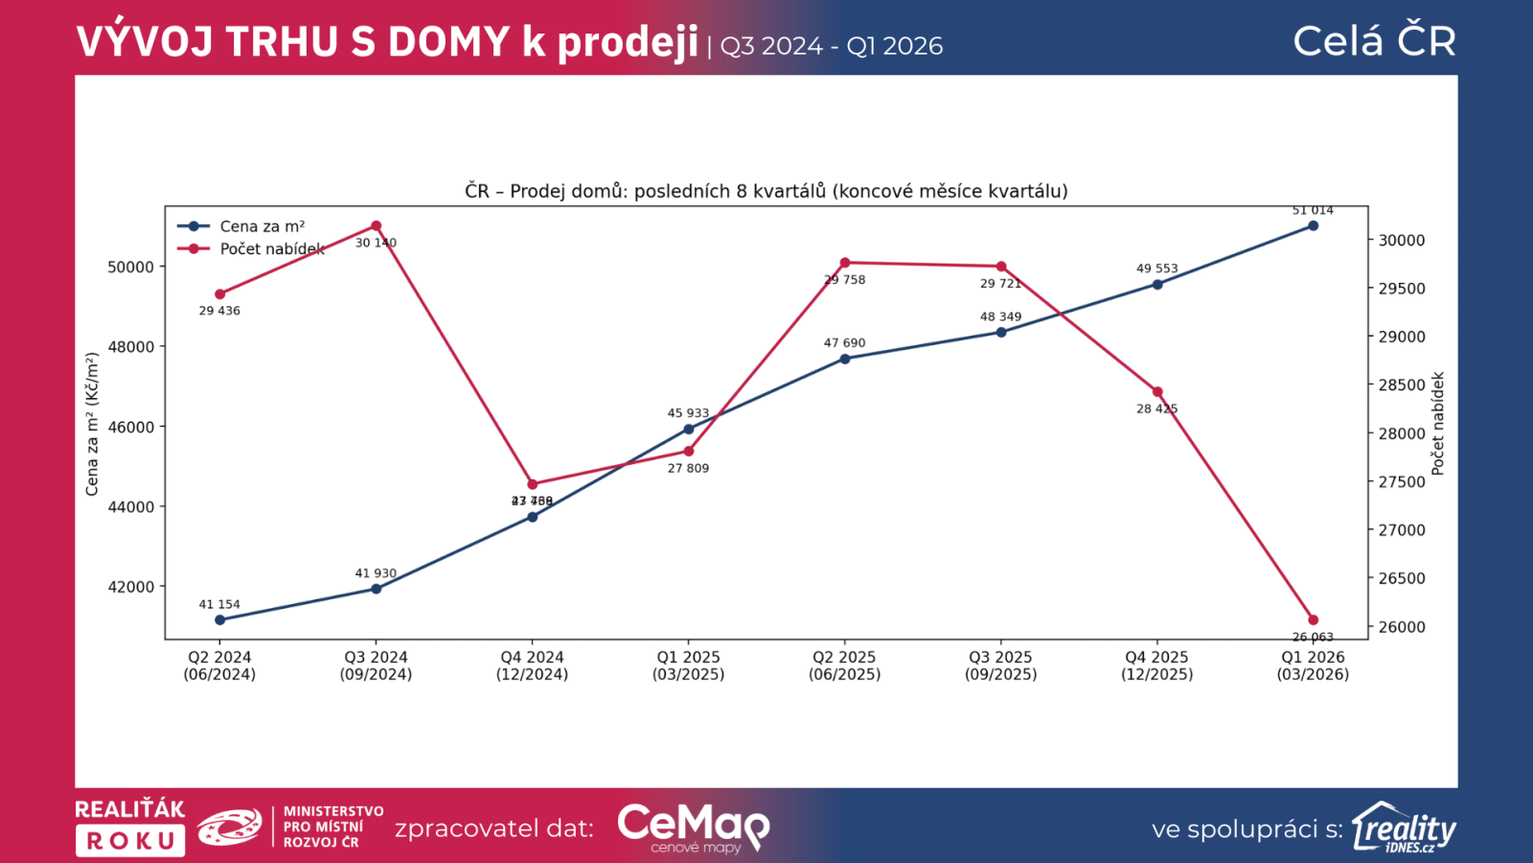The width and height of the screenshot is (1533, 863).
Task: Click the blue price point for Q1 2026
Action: (1313, 226)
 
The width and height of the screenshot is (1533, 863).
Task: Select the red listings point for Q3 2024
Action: (376, 226)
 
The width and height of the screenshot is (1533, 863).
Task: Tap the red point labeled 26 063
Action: (1313, 620)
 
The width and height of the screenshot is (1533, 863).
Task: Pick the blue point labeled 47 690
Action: (844, 359)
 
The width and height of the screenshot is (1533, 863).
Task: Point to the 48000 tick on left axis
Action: (130, 347)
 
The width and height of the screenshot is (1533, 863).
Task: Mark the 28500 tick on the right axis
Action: (1402, 385)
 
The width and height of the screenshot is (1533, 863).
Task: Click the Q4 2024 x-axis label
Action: (532, 665)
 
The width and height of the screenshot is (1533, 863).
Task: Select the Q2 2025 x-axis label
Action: (844, 665)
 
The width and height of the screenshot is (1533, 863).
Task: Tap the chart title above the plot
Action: (766, 191)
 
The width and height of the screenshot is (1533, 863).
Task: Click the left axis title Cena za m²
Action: (93, 424)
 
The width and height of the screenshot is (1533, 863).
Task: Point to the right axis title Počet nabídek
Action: (1437, 424)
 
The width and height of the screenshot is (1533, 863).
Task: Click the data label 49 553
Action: (1156, 268)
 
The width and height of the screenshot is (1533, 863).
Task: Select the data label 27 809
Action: (688, 468)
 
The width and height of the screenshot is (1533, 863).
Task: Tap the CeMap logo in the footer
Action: (693, 827)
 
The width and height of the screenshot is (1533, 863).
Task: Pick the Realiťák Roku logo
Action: (129, 827)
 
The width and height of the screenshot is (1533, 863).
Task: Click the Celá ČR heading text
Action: (1374, 41)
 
